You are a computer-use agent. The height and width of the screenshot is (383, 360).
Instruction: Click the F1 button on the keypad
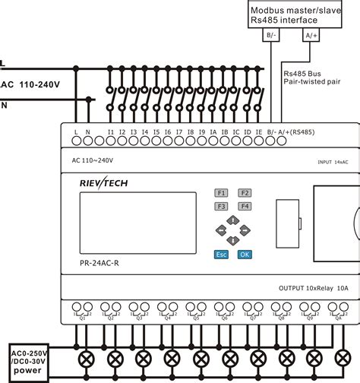point(221,192)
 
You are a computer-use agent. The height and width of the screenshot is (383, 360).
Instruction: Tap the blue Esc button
point(221,254)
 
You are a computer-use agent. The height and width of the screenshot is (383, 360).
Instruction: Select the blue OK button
point(244,254)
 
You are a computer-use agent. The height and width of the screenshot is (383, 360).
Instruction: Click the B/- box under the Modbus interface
point(271,35)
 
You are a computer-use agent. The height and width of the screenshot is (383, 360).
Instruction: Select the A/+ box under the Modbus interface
point(310,35)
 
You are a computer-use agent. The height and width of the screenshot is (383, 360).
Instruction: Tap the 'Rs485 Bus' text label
point(303,74)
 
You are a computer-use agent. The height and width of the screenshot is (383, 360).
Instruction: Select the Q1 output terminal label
point(83,318)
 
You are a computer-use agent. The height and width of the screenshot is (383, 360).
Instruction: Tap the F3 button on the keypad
point(221,206)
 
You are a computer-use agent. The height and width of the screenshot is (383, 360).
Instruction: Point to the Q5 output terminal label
point(196,318)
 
